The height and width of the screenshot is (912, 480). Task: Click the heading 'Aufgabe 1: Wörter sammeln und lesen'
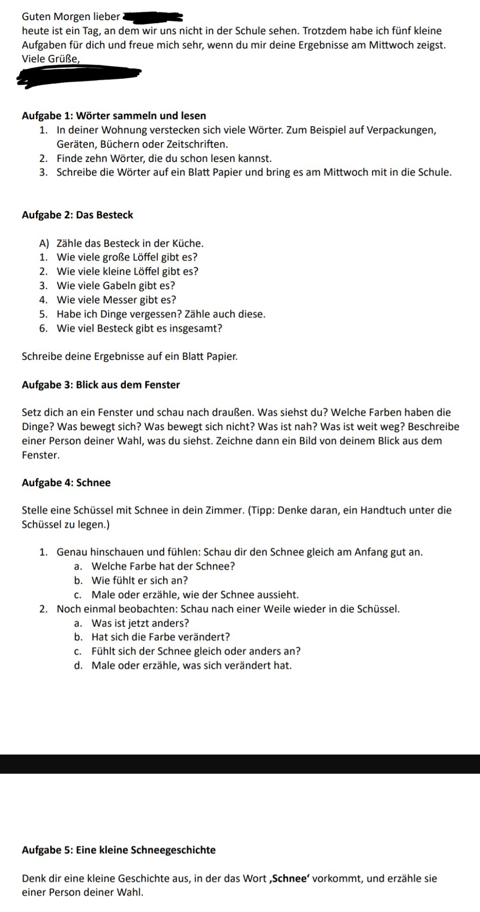pos(114,116)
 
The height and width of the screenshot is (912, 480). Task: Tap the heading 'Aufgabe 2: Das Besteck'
pos(77,215)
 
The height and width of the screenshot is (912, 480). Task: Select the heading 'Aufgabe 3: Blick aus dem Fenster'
pos(101,385)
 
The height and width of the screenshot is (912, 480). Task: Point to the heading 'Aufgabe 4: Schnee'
pos(66,483)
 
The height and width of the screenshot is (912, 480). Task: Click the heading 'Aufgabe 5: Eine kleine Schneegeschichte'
pos(119,850)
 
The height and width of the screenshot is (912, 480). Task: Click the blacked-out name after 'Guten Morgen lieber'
pos(152,17)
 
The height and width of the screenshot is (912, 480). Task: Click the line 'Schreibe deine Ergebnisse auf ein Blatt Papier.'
pos(130,357)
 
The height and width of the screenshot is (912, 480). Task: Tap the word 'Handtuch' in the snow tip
pos(380,510)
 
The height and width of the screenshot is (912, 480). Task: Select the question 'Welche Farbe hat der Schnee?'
pos(163,566)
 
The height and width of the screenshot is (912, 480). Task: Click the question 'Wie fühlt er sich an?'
pos(140,580)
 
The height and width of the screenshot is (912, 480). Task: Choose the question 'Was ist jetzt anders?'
pos(140,623)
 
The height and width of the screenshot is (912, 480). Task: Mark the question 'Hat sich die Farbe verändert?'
pos(160,637)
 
